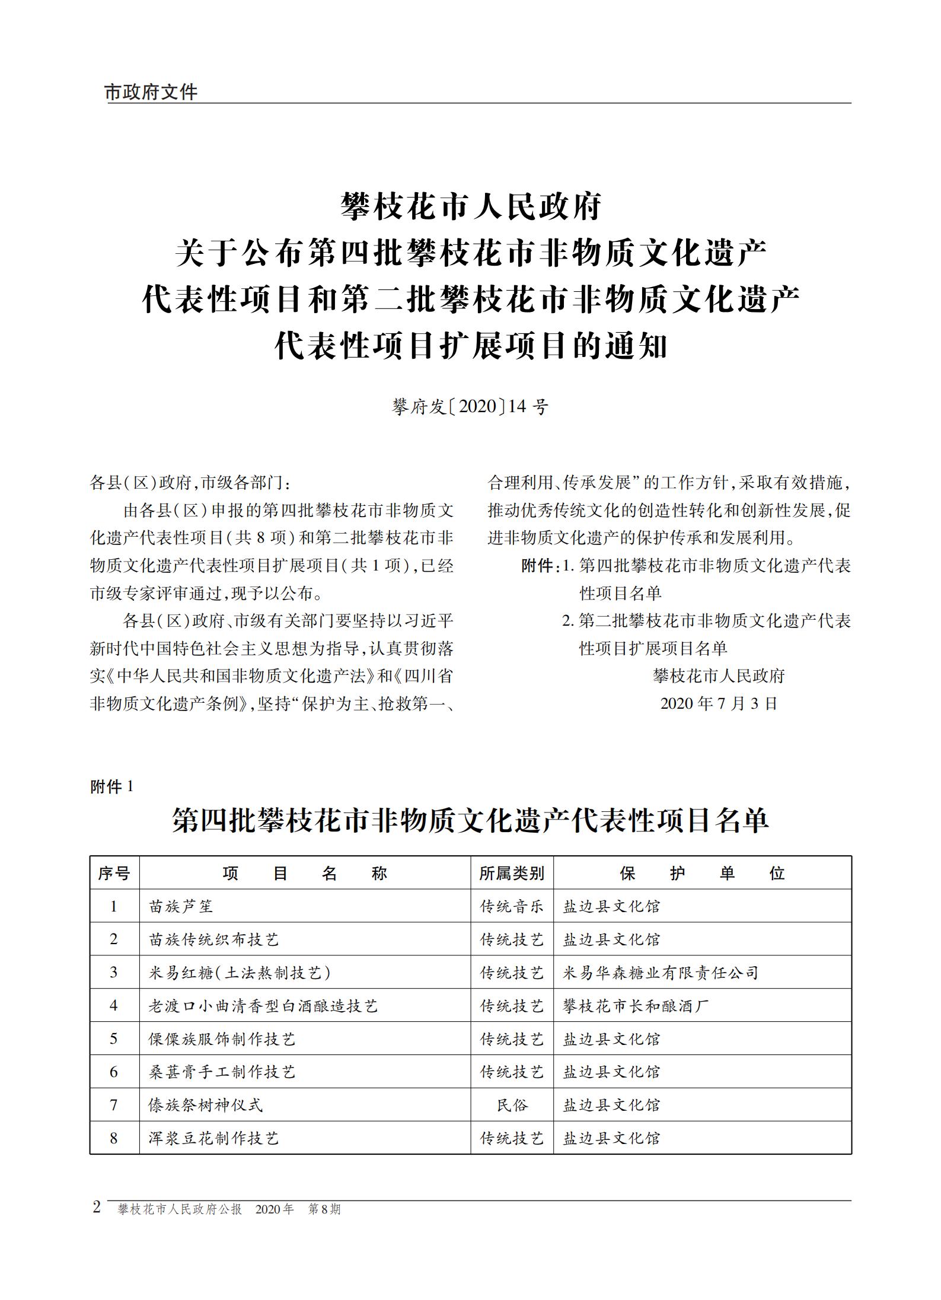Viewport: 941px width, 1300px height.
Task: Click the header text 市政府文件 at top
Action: click(151, 92)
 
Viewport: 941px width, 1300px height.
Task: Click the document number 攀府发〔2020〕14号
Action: click(470, 407)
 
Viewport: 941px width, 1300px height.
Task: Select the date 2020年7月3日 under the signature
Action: click(719, 703)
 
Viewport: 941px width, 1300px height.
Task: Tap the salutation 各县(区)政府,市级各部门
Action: click(190, 483)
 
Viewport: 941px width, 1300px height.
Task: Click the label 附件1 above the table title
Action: click(112, 787)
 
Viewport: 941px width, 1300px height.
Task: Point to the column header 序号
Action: click(114, 873)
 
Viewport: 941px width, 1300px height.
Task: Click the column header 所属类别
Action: click(512, 873)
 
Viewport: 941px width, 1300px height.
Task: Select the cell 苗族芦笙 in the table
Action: click(181, 906)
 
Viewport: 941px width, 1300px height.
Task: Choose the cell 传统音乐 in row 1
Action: click(512, 906)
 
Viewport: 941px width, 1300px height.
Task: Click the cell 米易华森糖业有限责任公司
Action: click(661, 973)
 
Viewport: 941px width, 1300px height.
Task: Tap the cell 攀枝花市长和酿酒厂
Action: click(636, 1006)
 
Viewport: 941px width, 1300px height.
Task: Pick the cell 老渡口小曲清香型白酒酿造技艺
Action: click(263, 1006)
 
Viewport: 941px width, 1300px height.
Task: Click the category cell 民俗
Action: click(512, 1105)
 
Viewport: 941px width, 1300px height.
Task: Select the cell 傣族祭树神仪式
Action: click(205, 1105)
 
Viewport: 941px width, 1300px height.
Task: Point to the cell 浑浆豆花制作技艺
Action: click(213, 1138)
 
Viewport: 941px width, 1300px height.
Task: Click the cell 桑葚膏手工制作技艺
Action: click(222, 1072)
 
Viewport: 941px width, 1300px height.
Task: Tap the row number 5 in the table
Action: click(114, 1039)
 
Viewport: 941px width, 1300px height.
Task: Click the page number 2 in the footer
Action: click(97, 1207)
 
